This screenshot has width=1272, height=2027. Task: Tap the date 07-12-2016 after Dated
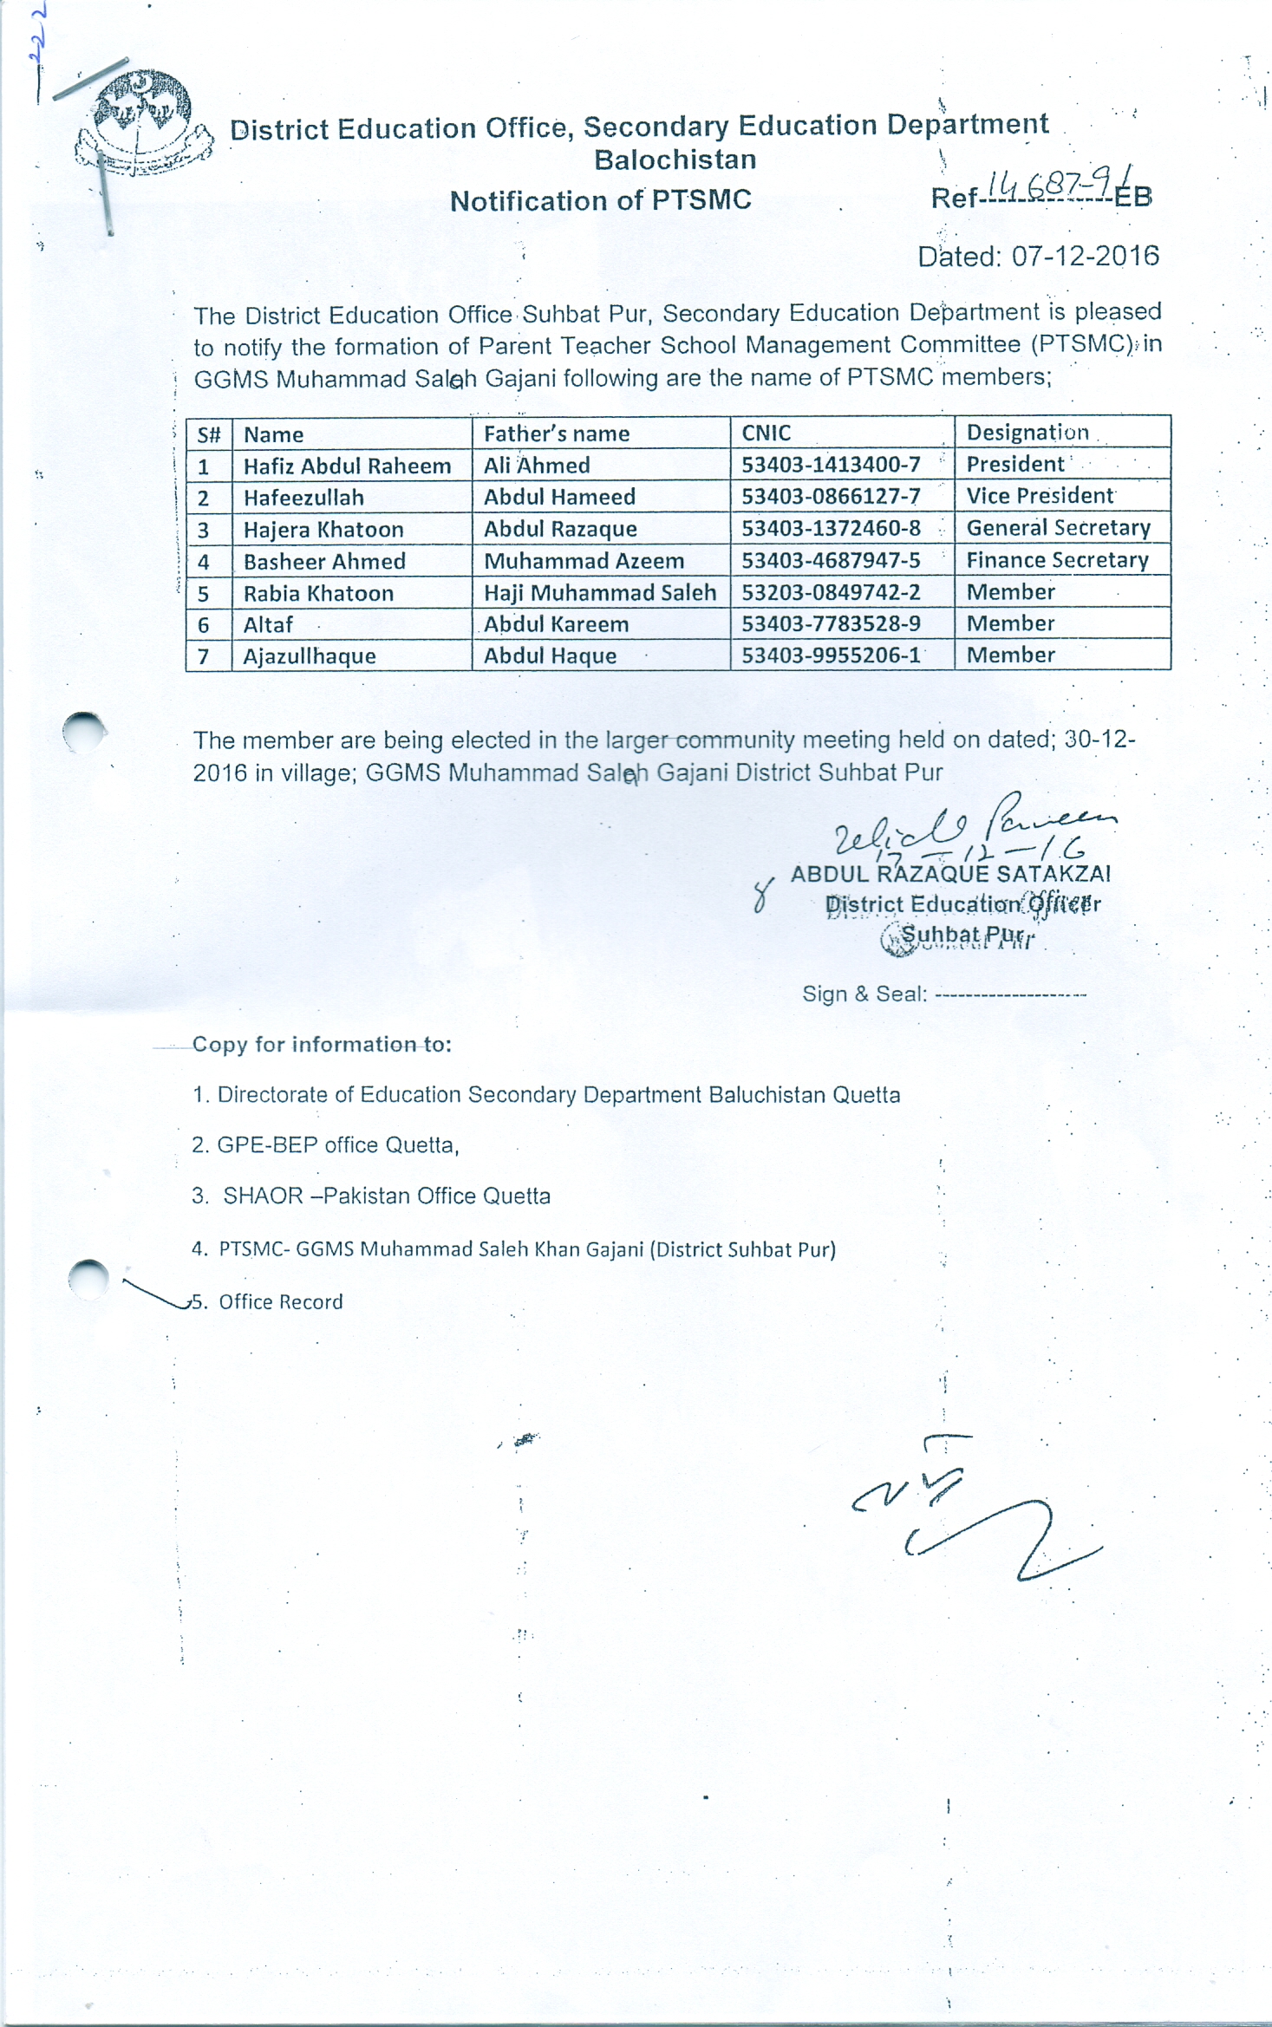tap(1085, 256)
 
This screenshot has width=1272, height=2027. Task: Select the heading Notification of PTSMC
tap(600, 200)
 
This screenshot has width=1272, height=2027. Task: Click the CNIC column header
tap(766, 433)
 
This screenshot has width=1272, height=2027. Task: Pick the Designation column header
tap(1027, 432)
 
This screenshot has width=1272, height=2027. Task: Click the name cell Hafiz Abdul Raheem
tap(347, 466)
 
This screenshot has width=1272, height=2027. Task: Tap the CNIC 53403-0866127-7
tap(831, 496)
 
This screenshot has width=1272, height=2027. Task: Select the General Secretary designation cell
tap(1058, 528)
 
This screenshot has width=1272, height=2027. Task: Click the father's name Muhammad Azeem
tap(584, 561)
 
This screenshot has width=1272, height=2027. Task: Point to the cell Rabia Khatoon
tap(318, 593)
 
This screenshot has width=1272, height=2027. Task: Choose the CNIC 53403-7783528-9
tap(831, 623)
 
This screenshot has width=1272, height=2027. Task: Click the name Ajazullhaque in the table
tap(310, 656)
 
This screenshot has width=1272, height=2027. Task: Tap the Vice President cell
tap(1040, 496)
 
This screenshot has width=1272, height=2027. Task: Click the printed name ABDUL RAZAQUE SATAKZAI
tap(950, 873)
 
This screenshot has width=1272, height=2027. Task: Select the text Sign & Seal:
tap(864, 994)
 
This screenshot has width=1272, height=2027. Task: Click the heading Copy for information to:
tap(322, 1044)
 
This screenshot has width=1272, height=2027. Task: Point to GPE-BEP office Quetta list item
tap(325, 1144)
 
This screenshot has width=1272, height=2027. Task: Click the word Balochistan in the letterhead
tap(675, 160)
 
